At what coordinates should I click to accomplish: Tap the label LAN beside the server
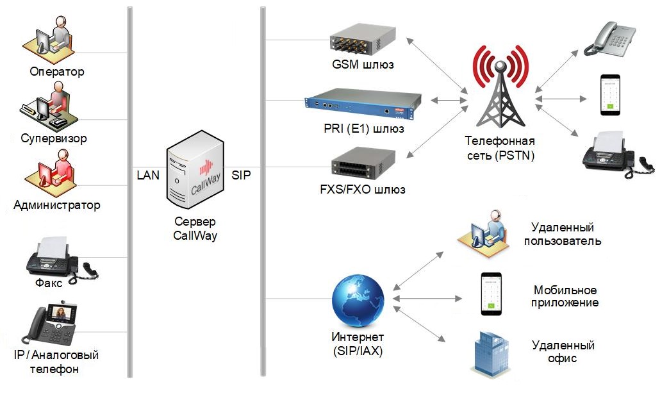(x=149, y=174)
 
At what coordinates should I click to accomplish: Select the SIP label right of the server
(x=242, y=174)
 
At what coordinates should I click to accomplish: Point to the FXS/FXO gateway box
(x=363, y=165)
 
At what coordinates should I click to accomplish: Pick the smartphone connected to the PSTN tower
(x=610, y=96)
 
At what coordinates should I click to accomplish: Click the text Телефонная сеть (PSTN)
(x=500, y=148)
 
